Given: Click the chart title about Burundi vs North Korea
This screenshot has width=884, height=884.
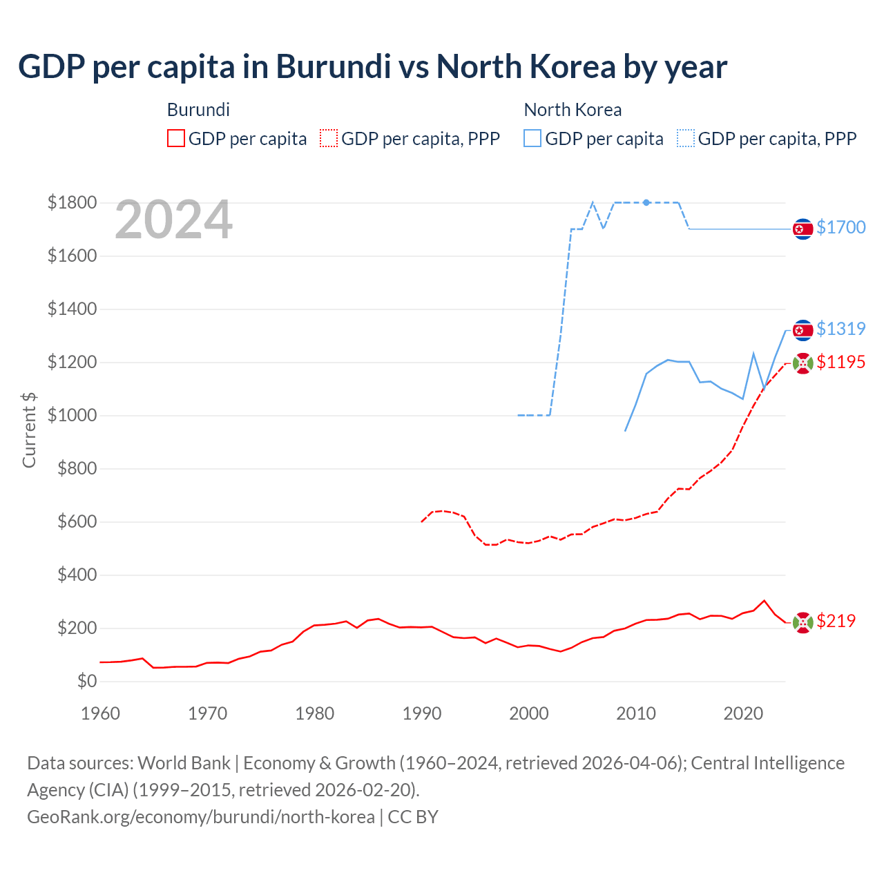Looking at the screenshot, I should click(x=372, y=67).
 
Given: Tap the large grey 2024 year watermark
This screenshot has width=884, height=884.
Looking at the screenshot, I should click(x=173, y=220).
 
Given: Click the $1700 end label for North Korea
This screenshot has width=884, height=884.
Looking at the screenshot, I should click(x=840, y=227).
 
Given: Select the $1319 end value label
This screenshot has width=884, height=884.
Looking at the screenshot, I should click(x=840, y=329).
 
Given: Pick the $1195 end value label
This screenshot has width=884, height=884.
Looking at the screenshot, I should click(x=840, y=362).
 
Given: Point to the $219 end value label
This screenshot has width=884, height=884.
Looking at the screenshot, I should click(x=836, y=621).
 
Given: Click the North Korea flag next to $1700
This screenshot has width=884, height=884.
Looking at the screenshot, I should click(x=803, y=229).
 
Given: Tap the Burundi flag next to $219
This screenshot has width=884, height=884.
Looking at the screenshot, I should click(x=803, y=622).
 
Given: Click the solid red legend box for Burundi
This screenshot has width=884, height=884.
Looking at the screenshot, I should click(x=176, y=139).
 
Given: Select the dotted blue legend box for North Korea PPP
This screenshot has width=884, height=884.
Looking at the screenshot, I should click(x=686, y=139).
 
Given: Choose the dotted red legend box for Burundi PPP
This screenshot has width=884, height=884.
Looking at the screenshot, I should click(x=329, y=139).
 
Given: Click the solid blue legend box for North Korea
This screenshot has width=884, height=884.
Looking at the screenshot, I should click(x=532, y=139).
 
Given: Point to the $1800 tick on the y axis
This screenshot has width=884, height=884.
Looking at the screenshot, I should click(x=72, y=202).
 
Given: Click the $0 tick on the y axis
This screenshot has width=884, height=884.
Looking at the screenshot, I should click(x=86, y=681).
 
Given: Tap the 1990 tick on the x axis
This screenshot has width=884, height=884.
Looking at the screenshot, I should click(x=421, y=713).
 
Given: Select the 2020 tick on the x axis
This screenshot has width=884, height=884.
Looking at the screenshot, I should click(x=742, y=713).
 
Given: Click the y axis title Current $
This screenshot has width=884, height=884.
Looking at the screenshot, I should click(x=29, y=430).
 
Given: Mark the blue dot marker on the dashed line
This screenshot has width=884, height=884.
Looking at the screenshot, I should click(x=646, y=202).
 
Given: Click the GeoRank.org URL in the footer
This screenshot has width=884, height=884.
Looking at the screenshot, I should click(x=201, y=817).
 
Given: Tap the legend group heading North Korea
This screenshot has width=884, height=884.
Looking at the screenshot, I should click(x=573, y=110).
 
